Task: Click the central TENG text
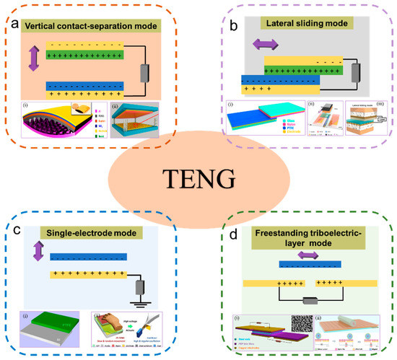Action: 198,177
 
